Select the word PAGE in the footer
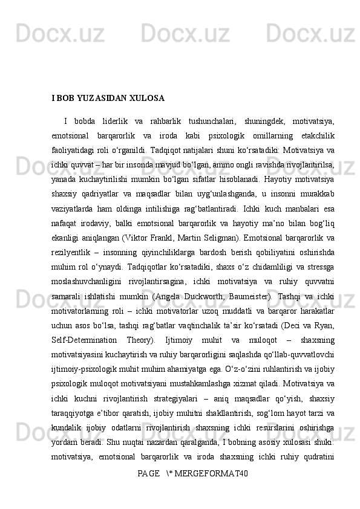[x=148, y=488]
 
